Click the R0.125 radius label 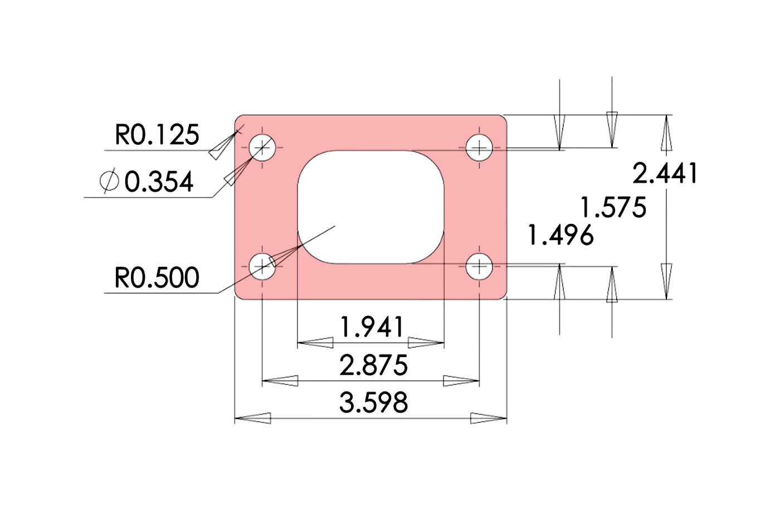coord(157,135)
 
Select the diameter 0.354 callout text coord(158,182)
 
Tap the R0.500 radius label coord(157,277)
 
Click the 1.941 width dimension coord(372,327)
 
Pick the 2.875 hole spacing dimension coord(373,365)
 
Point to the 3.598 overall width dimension coord(373,402)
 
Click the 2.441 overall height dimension coord(665,173)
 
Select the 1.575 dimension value coord(613,208)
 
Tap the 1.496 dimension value coord(560,235)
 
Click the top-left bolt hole coord(262,148)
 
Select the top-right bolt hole coord(479,148)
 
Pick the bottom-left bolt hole coord(262,266)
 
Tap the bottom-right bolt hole coord(479,266)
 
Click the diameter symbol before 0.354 coord(109,181)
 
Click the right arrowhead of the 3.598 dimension coord(489,418)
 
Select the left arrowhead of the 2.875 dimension coord(280,381)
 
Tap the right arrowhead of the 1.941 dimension coord(426,343)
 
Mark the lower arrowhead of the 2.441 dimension coord(666,282)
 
